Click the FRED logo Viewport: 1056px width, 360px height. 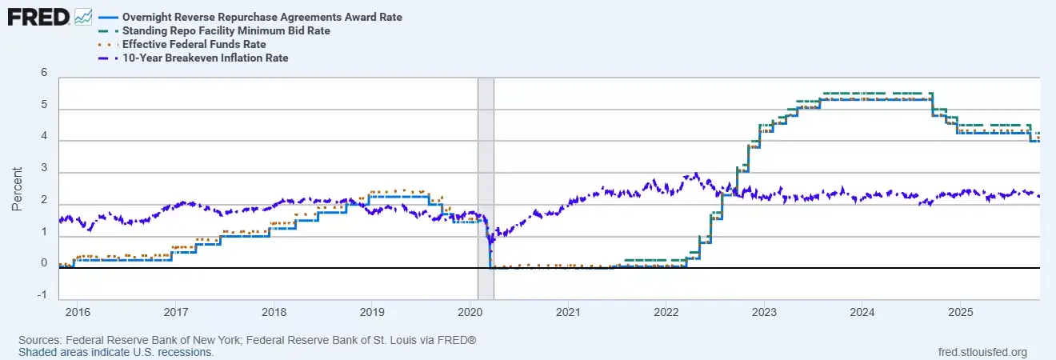38,17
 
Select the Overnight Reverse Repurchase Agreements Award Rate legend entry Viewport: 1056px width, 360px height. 262,17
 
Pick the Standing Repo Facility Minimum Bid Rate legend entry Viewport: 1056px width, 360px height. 226,30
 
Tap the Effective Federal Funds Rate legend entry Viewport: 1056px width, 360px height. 194,44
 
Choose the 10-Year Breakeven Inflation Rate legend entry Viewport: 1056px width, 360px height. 205,58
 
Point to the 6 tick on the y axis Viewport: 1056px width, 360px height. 44,73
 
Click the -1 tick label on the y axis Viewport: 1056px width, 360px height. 42,294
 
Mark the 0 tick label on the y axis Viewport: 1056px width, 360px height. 44,263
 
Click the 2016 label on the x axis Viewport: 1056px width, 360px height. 76,310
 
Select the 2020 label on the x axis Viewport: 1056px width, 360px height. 470,310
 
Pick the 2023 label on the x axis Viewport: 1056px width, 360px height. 764,310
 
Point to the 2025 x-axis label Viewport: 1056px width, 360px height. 961,310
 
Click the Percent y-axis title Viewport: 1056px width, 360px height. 17,189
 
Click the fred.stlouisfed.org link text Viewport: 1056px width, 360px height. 983,352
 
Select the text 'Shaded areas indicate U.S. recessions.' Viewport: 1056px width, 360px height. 116,352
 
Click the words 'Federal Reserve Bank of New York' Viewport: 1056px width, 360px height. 152,341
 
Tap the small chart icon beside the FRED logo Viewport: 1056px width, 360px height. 83,17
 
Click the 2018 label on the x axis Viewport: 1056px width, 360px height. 273,310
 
